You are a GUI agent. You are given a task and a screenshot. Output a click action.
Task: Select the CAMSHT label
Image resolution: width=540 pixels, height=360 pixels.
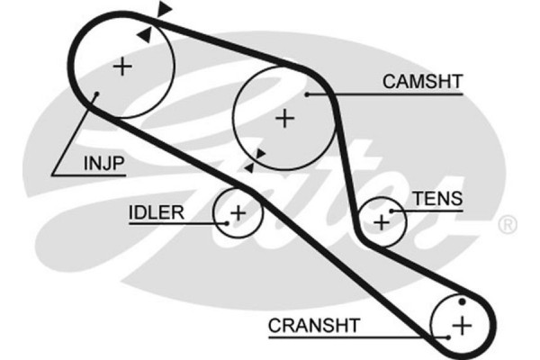pos(421,82)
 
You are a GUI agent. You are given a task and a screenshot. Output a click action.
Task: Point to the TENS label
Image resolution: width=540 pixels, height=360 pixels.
pos(436,199)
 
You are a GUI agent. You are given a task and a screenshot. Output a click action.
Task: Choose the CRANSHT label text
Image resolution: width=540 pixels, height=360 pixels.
pos(314,325)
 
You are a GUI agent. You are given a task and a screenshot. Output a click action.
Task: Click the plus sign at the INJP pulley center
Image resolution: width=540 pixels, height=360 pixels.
pos(122,66)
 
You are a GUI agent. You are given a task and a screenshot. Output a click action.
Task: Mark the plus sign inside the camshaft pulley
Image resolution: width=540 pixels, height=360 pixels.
pos(284,117)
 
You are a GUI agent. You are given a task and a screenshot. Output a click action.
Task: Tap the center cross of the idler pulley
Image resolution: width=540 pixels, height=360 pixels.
pos(237,213)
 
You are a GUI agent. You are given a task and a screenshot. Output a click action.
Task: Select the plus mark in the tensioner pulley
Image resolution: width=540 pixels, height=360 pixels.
pos(382,219)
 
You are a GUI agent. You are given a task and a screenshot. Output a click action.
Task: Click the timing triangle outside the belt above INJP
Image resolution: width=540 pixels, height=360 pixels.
pos(164,9)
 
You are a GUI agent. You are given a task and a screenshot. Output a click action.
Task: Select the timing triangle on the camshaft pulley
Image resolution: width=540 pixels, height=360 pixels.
pos(259,155)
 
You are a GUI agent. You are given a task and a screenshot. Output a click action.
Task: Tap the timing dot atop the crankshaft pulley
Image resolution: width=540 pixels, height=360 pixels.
pos(462,300)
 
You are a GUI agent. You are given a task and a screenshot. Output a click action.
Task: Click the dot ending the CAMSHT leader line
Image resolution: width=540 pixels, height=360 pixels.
pos(309,93)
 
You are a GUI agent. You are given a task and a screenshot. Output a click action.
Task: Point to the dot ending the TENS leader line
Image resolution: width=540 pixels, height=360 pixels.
pos(392,211)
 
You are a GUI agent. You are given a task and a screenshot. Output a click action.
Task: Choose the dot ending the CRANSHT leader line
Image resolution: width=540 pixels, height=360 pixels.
pos(447,336)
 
